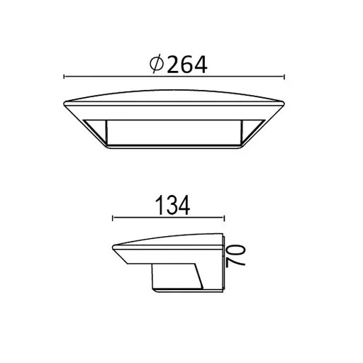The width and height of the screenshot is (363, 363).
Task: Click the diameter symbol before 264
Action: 157,64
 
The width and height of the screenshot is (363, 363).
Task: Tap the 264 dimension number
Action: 187,65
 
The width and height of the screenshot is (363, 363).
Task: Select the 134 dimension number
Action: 172,206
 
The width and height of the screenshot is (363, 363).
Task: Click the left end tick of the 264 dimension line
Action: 64,77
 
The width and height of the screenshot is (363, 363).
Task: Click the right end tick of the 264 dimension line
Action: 284,77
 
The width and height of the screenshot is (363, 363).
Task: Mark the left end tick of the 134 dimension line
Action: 113,218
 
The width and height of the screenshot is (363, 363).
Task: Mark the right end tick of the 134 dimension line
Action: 223,218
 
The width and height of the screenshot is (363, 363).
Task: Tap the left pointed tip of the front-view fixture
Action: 64,104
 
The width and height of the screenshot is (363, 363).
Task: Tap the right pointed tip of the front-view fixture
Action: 284,104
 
